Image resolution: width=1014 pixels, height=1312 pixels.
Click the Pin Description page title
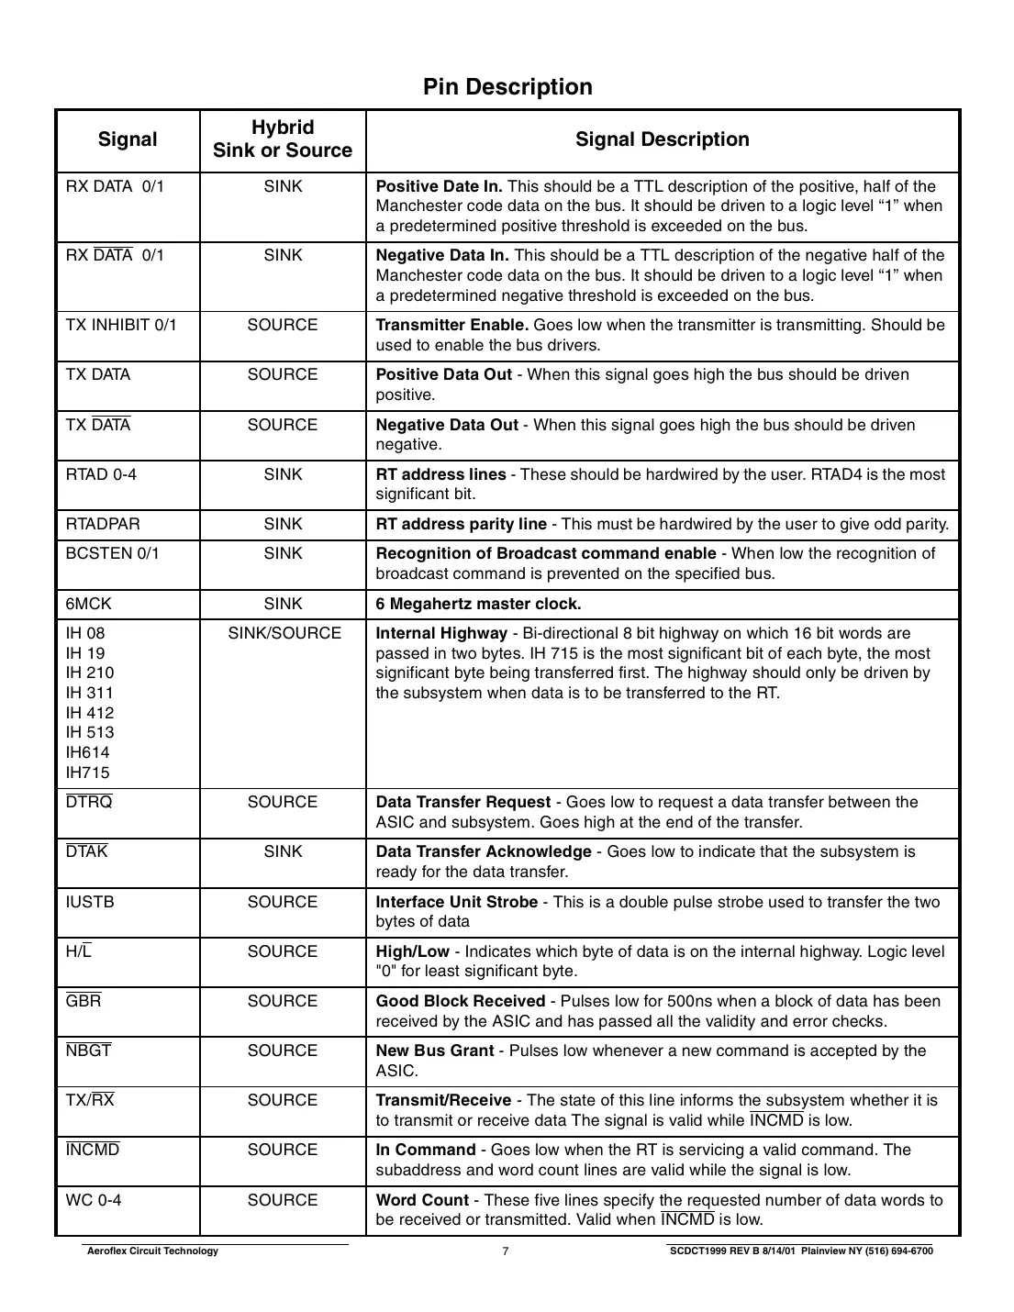pos(507,87)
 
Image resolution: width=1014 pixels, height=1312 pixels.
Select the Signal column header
pos(128,139)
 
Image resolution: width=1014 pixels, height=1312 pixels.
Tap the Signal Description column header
pos(662,139)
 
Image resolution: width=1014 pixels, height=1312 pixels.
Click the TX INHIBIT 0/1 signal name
pos(121,326)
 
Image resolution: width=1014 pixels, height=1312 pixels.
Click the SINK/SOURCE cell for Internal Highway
pos(284,634)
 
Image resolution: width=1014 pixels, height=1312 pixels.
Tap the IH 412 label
pos(90,713)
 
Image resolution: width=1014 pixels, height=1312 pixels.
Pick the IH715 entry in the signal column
pos(88,773)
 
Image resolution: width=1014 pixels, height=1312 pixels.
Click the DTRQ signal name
pos(89,803)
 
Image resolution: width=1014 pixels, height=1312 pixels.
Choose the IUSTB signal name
pos(90,902)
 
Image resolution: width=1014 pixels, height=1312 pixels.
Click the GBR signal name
pos(84,1001)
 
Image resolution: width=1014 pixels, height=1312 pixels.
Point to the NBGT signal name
pos(88,1051)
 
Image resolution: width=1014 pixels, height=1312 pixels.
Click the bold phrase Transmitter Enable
pos(452,326)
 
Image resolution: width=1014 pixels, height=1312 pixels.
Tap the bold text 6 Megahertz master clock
pos(478,604)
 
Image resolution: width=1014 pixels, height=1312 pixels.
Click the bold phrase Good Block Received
pos(461,1001)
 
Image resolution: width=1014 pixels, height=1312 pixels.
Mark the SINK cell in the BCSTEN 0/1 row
pos(283,554)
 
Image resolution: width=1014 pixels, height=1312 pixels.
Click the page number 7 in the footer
pos(506,1251)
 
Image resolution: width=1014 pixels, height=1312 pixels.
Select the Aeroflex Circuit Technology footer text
pos(151,1251)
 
